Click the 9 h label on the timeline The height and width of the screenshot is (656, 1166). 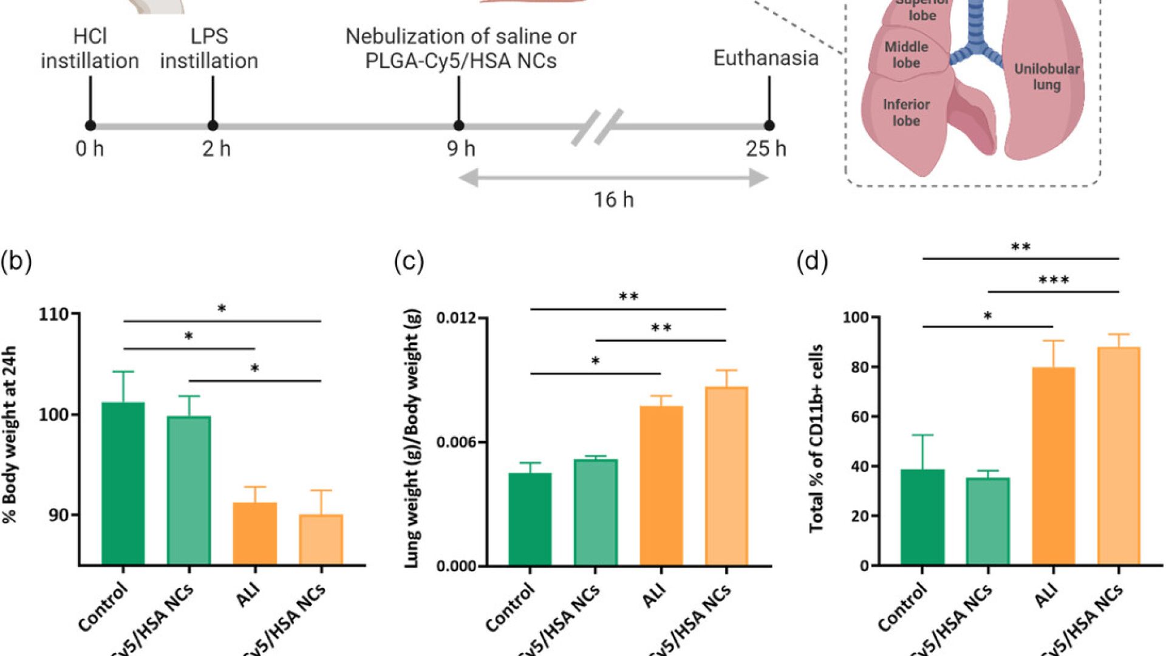[x=461, y=149]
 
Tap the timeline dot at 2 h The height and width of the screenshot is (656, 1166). [x=213, y=126]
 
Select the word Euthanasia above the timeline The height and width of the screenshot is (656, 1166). [x=766, y=58]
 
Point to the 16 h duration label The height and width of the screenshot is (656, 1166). [x=613, y=200]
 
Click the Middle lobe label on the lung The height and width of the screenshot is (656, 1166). [x=906, y=55]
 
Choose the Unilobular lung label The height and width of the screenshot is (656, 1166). [x=1046, y=77]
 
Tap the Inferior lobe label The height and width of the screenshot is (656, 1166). [x=906, y=112]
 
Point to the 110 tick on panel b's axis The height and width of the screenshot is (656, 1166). [x=53, y=314]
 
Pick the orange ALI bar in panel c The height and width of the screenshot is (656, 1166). [x=661, y=485]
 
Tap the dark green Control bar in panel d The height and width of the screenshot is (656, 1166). [x=922, y=517]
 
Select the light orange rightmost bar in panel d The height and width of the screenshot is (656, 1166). [x=1119, y=456]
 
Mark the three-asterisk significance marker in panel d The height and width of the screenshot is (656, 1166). [x=1054, y=281]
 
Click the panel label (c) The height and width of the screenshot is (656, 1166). [x=409, y=261]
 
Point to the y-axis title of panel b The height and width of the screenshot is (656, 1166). [x=10, y=434]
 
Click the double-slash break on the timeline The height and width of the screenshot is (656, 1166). [x=597, y=126]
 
